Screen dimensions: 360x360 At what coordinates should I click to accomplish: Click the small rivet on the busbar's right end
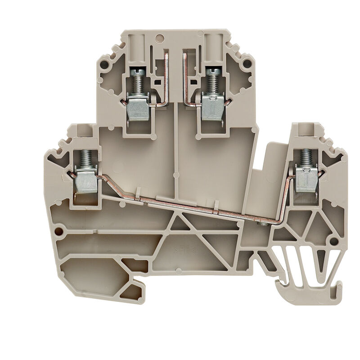[x=260, y=222]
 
